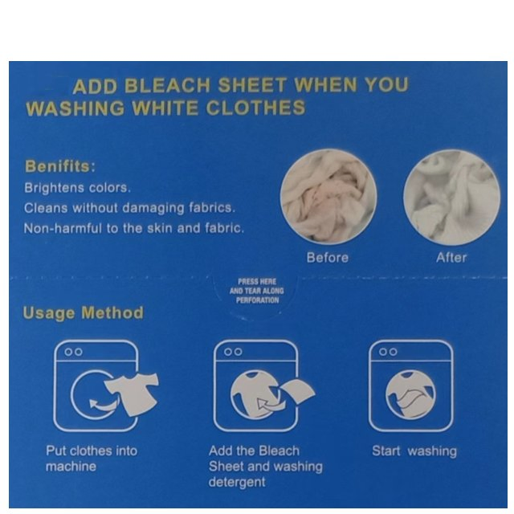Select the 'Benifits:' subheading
pyautogui.click(x=60, y=167)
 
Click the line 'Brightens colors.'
pyautogui.click(x=76, y=188)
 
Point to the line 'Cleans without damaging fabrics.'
pyautogui.click(x=129, y=208)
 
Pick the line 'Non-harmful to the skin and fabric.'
pyautogui.click(x=134, y=228)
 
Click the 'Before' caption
pyautogui.click(x=328, y=257)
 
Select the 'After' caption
pyautogui.click(x=451, y=257)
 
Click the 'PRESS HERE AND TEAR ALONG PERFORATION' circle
pyautogui.click(x=257, y=290)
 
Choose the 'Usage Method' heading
pyautogui.click(x=83, y=312)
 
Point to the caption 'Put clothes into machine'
pyautogui.click(x=91, y=458)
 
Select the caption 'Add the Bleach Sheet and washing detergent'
pyautogui.click(x=265, y=466)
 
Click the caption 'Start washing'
pyautogui.click(x=414, y=451)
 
